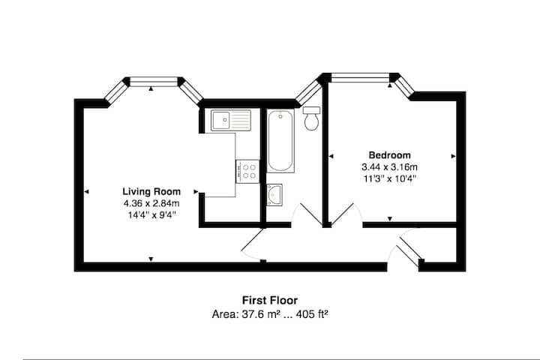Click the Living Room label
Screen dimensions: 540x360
[x=151, y=191]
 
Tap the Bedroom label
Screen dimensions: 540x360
[x=389, y=155]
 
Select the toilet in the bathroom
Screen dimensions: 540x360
[x=312, y=118]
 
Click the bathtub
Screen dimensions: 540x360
[x=280, y=140]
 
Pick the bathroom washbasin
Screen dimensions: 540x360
[x=274, y=195]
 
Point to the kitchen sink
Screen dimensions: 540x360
[x=231, y=120]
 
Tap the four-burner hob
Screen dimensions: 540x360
[x=247, y=171]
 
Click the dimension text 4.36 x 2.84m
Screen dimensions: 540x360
[x=151, y=203]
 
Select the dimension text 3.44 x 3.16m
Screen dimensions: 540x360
[x=389, y=167]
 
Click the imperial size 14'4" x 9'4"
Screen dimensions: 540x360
[x=151, y=215]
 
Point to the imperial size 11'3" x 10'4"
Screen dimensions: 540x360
[x=389, y=178]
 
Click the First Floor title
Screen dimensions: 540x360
[x=270, y=301]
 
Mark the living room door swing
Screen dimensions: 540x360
[x=253, y=244]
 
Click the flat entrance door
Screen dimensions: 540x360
[x=406, y=248]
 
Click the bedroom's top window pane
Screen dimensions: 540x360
[x=360, y=78]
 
